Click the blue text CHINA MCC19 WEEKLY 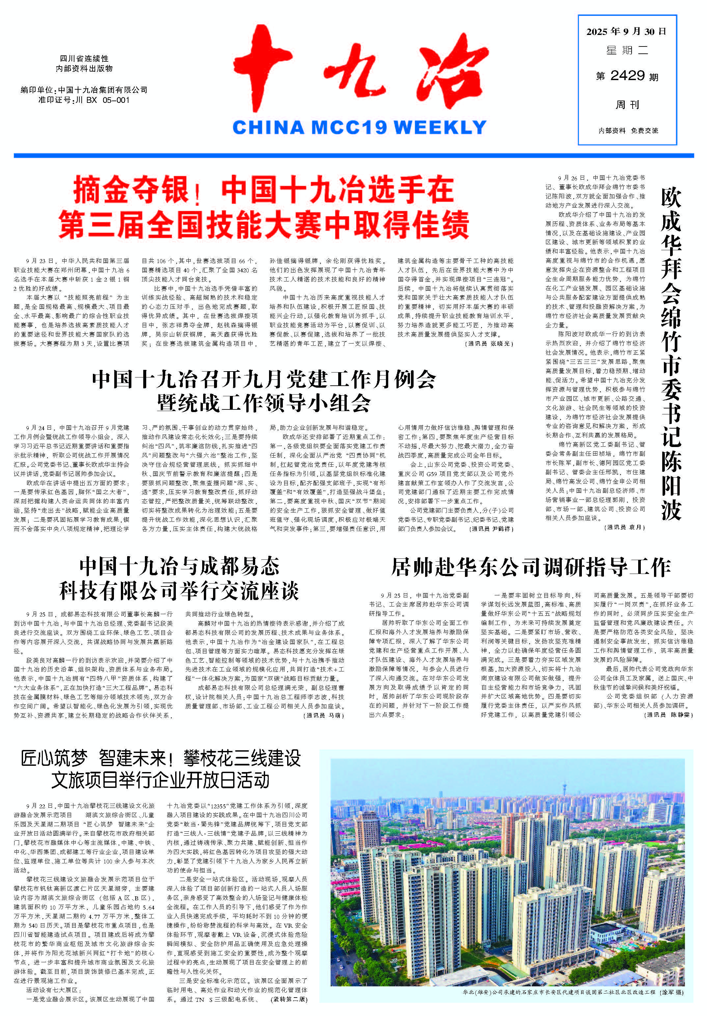(x=359, y=128)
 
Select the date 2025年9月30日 (x=626, y=32)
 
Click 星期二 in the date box (x=627, y=50)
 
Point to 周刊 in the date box (x=627, y=105)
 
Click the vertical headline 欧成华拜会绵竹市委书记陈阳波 (x=671, y=354)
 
